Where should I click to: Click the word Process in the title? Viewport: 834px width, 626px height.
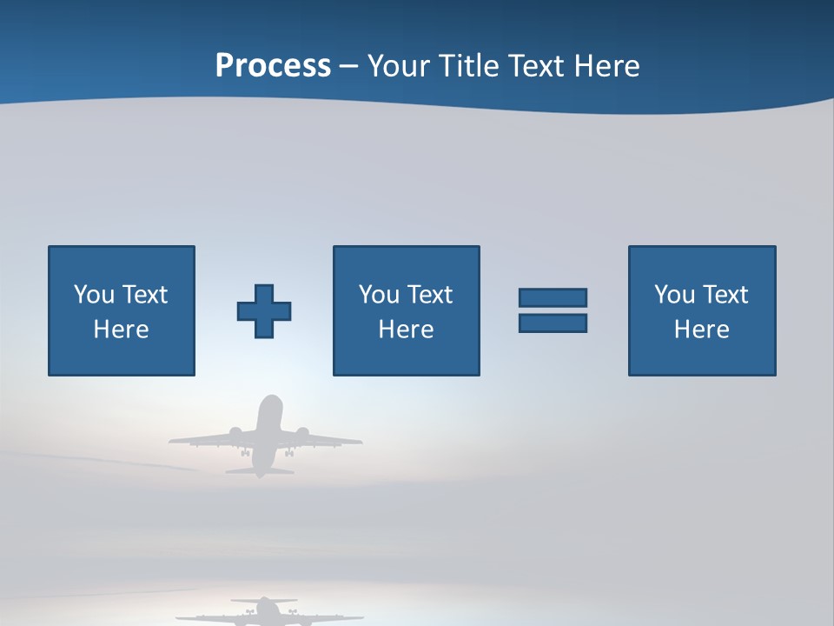coord(273,66)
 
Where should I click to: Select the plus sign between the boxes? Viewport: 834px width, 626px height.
coord(264,311)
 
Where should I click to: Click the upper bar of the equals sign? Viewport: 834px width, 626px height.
coord(553,297)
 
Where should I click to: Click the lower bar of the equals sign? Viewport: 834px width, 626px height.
coord(553,323)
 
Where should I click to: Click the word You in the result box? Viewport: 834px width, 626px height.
coord(674,295)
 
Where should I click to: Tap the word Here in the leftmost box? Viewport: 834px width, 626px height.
coord(121,330)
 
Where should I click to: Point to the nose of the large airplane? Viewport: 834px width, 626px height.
coord(271,401)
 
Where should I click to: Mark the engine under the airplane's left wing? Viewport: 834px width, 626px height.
coord(235,433)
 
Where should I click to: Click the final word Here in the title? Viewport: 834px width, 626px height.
coord(606,66)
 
